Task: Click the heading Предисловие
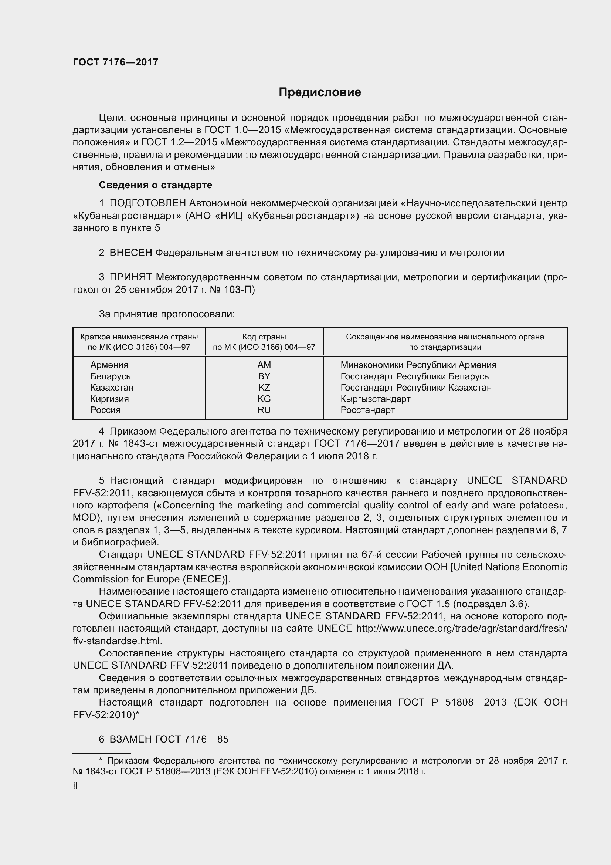click(320, 92)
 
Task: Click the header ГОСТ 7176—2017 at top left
click(116, 62)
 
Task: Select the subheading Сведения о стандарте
click(155, 185)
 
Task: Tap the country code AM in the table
click(264, 365)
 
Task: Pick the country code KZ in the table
click(264, 387)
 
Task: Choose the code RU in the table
click(264, 410)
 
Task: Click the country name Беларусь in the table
click(110, 376)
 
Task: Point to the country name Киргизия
click(109, 399)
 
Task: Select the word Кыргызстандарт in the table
click(375, 399)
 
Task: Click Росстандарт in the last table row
click(367, 410)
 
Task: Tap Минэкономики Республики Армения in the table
click(418, 365)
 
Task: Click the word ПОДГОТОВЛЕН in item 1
click(147, 203)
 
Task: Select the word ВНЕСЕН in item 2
click(130, 253)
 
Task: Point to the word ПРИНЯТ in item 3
click(130, 277)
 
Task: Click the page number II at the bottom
click(75, 786)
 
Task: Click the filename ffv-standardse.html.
click(117, 641)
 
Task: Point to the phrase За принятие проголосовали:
click(167, 314)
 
